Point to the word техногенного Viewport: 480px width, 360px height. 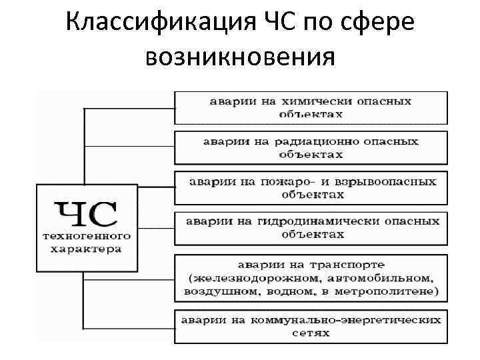click(x=87, y=236)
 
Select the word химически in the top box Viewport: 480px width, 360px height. click(x=314, y=101)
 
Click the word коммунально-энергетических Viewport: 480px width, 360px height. click(x=346, y=319)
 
